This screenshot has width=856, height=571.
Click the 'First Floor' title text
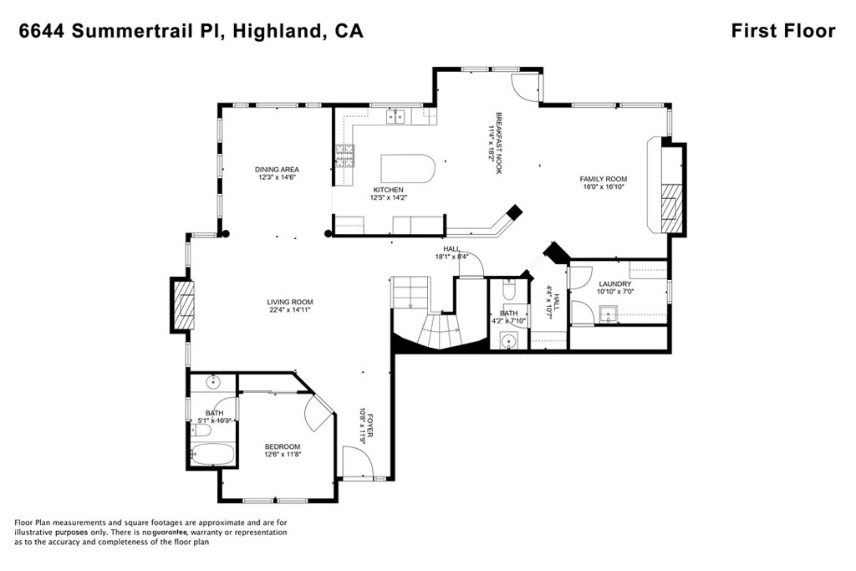tap(782, 31)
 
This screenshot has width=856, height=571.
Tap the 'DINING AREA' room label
tap(277, 169)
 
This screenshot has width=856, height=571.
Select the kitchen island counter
tap(408, 169)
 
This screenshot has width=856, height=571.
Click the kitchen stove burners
tap(344, 155)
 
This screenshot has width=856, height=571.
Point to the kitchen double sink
tap(395, 116)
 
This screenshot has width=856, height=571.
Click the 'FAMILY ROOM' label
tap(604, 179)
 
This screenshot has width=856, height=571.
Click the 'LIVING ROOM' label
tap(290, 302)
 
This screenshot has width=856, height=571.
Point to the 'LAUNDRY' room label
tap(614, 284)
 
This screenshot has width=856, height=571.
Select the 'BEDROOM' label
tap(283, 446)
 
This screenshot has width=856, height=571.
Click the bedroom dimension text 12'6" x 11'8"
tap(283, 454)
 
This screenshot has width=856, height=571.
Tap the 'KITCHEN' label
tap(388, 190)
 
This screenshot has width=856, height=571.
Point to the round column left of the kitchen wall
tap(328, 233)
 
